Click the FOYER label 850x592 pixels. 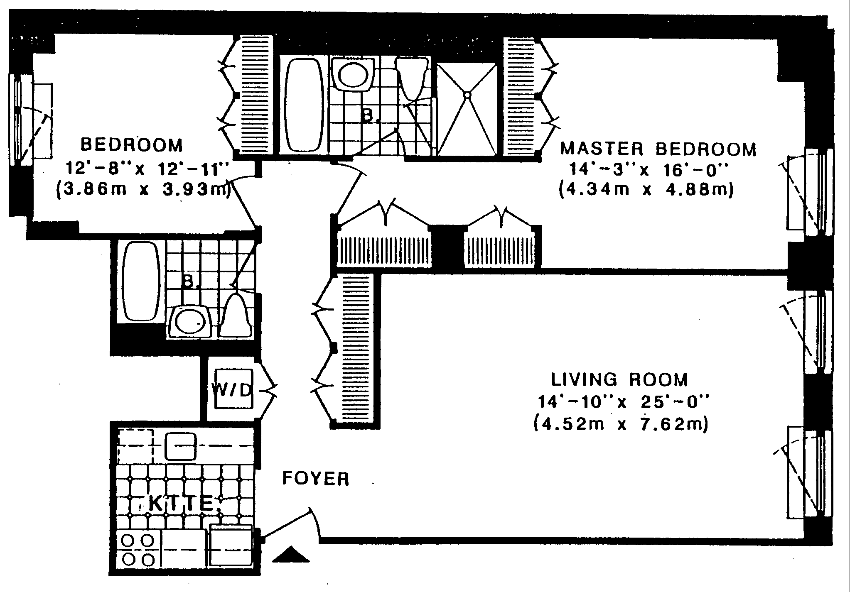316,479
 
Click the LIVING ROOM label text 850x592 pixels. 619,379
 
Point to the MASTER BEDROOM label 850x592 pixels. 658,149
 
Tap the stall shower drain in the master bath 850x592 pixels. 467,95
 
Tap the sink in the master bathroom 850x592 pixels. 353,74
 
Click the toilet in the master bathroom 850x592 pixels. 411,78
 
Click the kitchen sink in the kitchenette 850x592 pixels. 181,446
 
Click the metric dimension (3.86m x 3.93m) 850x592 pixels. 143,191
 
